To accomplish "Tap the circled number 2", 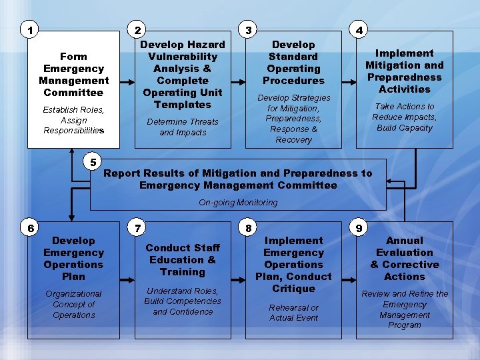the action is tap(138, 30).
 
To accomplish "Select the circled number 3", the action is tap(249, 30).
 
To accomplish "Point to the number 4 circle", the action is tap(359, 30).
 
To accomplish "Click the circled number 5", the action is tap(93, 162).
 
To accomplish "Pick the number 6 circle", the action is tap(30, 228).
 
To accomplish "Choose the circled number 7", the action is tap(138, 228).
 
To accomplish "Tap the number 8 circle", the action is tap(249, 228).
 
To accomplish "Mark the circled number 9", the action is tap(359, 228).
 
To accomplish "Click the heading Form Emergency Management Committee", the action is tap(73, 75).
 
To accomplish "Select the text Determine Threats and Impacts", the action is tap(183, 127).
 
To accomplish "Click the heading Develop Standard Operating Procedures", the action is tap(293, 63).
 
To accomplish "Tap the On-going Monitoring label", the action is tap(238, 202).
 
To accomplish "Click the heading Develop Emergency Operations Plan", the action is tap(73, 258).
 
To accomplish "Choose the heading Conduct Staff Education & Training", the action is tap(183, 259).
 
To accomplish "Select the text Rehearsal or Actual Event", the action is tap(293, 313).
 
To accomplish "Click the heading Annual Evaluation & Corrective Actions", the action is tap(404, 258).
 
